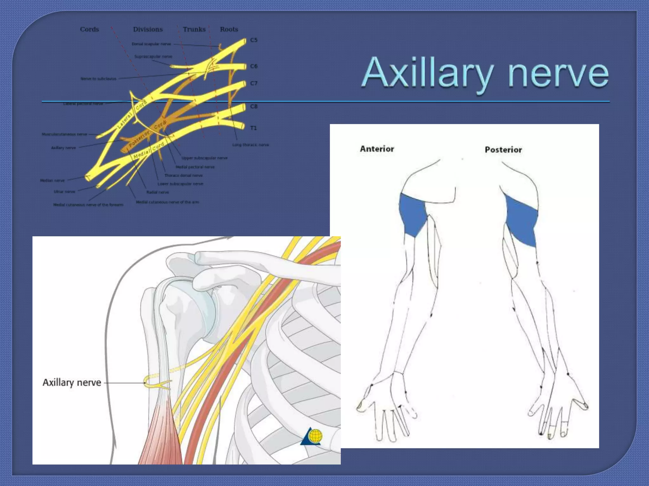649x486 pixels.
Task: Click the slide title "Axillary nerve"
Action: coord(485,73)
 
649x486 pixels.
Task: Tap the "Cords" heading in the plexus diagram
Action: coord(89,29)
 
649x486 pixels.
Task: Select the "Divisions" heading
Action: coord(148,29)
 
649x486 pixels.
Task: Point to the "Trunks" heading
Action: coord(194,29)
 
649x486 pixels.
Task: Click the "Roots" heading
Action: coord(229,29)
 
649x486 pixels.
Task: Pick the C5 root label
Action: coord(254,40)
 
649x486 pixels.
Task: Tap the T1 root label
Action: coord(254,128)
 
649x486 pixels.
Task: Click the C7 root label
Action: coord(254,84)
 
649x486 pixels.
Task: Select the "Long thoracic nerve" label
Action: coord(250,145)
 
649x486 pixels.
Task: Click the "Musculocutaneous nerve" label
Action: coord(64,134)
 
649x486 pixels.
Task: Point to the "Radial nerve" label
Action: coord(157,192)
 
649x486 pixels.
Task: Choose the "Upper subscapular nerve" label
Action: coord(204,158)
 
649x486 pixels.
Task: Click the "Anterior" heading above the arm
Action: coord(377,149)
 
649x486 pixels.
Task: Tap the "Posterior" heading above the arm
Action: coord(503,150)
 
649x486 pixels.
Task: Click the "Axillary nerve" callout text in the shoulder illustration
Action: coord(72,383)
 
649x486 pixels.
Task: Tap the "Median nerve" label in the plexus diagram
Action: coord(52,181)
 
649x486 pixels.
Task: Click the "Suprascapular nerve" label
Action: coord(153,57)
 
